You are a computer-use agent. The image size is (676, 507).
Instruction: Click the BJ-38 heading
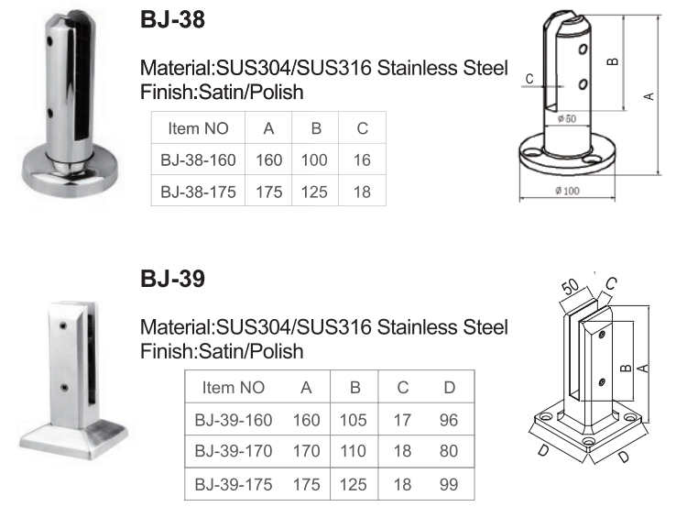point(172,20)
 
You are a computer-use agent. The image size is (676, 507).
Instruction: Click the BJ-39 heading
point(172,279)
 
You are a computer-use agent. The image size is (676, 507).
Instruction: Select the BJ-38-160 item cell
point(198,160)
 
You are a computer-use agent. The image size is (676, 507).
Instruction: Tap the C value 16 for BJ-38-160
point(362,160)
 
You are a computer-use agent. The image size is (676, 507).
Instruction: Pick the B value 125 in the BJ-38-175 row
point(314,192)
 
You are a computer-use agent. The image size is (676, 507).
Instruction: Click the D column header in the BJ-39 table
point(449,388)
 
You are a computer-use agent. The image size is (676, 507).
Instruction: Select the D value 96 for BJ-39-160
point(449,420)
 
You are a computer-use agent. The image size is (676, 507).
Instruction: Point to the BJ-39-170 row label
point(234,451)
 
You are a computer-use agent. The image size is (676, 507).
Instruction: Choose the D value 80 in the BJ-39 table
point(449,451)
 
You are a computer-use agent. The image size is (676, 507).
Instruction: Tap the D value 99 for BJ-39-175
point(449,485)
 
